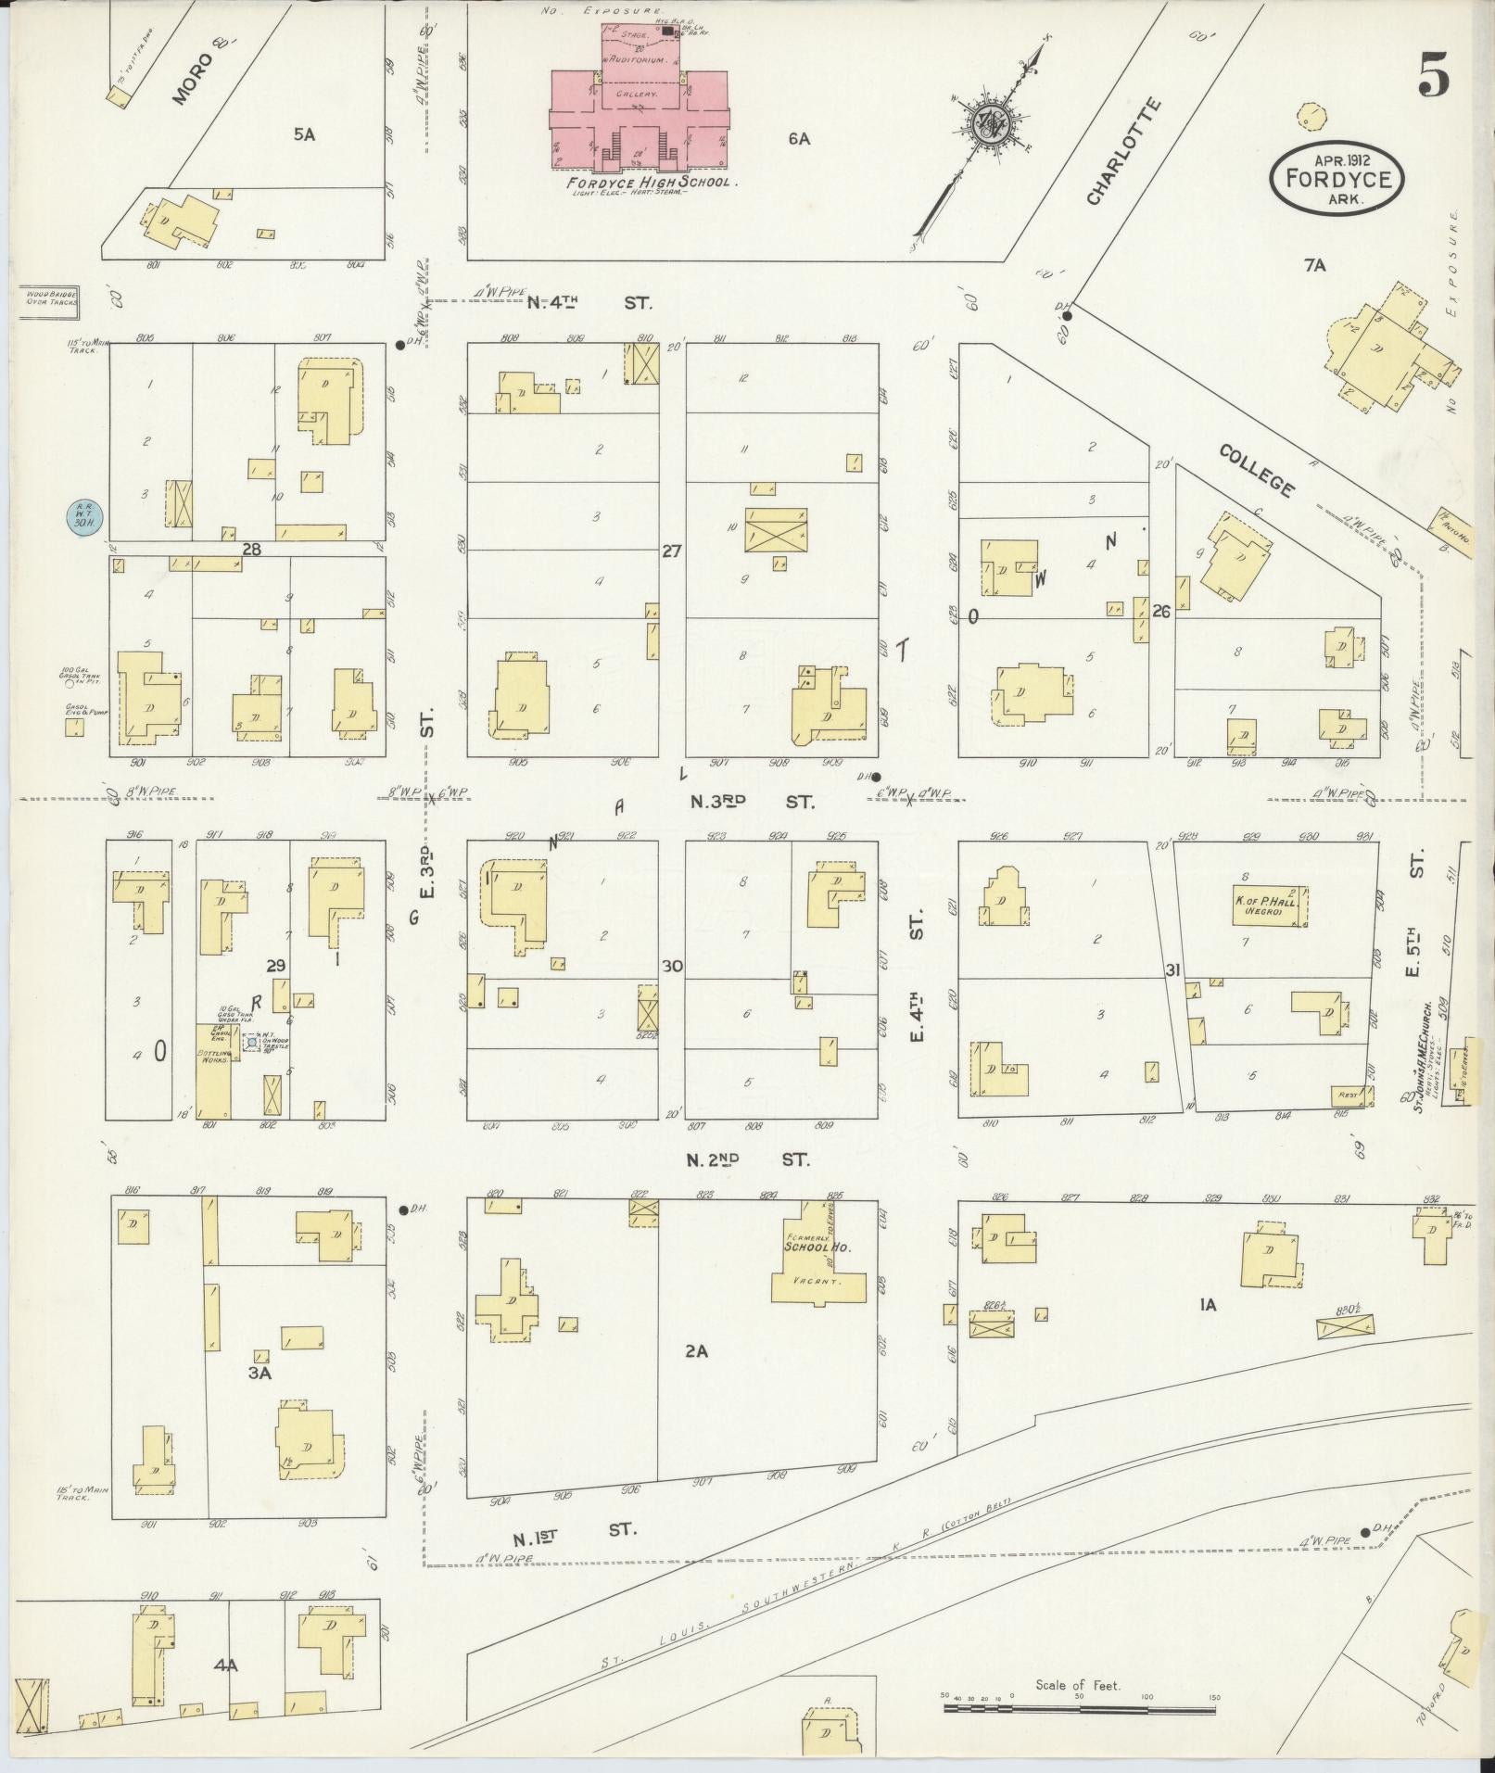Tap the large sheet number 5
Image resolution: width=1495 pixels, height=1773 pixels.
tap(1433, 73)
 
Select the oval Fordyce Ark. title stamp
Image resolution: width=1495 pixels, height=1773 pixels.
tap(1336, 178)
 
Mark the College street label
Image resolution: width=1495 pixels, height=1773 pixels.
tap(1256, 470)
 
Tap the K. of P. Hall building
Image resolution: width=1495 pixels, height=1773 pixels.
tap(1269, 905)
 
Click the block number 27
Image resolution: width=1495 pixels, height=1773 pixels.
tap(672, 551)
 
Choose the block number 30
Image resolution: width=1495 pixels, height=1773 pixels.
tap(672, 966)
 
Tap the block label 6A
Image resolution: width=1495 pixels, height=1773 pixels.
tap(799, 139)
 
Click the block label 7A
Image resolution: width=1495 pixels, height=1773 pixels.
tap(1314, 266)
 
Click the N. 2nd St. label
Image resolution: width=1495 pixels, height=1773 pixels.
tap(748, 1159)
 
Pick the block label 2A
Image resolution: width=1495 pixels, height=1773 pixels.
tap(696, 1351)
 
